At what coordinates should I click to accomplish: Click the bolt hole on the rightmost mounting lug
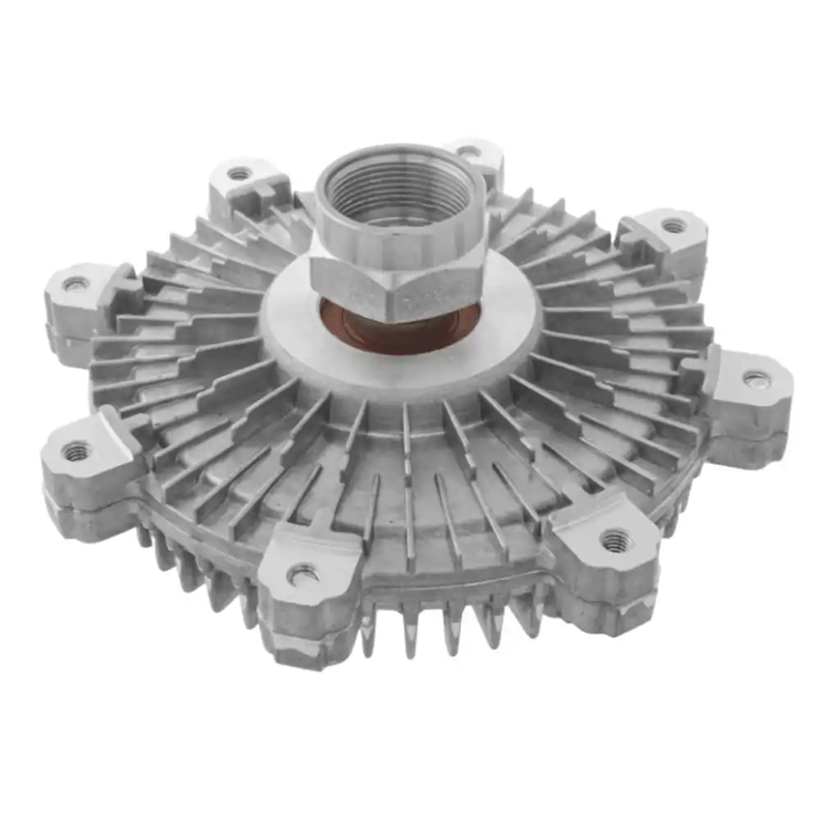756,379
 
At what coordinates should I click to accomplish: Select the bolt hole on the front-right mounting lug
614,539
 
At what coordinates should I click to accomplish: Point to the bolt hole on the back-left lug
239,174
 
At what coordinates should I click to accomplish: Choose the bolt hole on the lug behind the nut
468,151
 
